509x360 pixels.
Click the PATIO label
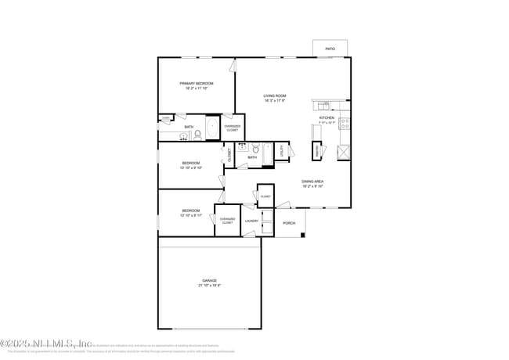[330, 49]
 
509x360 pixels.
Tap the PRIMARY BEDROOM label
[196, 83]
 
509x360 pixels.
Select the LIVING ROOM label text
[274, 95]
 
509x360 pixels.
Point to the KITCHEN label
[327, 117]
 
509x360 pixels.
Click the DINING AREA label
[313, 182]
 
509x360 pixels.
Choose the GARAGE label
[209, 280]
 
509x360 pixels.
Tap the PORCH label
[289, 222]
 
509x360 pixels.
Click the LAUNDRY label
[251, 221]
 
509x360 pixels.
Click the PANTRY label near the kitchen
[318, 150]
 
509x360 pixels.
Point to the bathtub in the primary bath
[212, 128]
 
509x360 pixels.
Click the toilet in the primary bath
[197, 135]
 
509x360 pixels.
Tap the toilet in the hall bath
[255, 148]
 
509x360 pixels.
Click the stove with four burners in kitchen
[345, 123]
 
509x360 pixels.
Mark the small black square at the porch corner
[304, 233]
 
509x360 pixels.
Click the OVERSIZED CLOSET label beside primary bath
[233, 128]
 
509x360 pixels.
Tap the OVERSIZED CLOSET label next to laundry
[227, 221]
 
